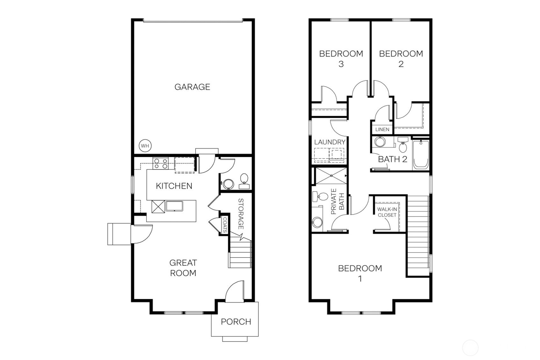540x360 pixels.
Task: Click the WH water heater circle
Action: click(x=145, y=146)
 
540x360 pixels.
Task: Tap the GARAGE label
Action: click(x=192, y=87)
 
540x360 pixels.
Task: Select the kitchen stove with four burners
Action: click(x=160, y=164)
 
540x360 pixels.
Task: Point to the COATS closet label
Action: click(x=225, y=225)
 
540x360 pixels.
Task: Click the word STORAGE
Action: click(x=241, y=214)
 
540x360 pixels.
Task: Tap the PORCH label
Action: click(x=236, y=322)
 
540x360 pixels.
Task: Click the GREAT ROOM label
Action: click(x=183, y=268)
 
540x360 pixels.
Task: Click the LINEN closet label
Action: click(x=382, y=130)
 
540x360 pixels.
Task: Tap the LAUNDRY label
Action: click(x=329, y=142)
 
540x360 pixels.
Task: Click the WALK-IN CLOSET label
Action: click(x=387, y=212)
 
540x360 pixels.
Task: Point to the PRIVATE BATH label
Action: click(x=338, y=201)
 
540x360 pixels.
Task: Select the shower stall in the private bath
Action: click(x=330, y=176)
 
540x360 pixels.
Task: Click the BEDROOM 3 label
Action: click(x=341, y=59)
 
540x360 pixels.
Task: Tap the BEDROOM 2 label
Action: click(x=401, y=59)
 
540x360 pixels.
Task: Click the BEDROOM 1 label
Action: click(x=360, y=273)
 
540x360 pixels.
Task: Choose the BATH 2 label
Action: click(x=392, y=159)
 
